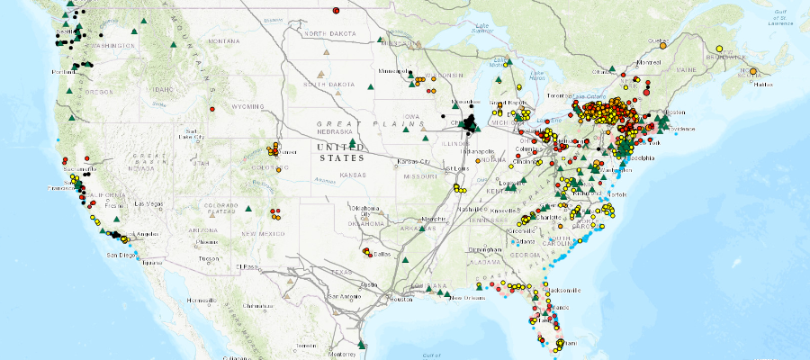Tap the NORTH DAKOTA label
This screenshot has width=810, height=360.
tap(328, 33)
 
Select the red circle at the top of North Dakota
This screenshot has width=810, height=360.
tap(336, 10)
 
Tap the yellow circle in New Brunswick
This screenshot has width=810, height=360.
tap(719, 49)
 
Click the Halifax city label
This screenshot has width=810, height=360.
tap(763, 84)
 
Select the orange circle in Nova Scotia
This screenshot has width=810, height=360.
tap(752, 72)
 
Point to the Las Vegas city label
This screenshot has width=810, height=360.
tap(145, 203)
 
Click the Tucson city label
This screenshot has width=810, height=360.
tap(210, 258)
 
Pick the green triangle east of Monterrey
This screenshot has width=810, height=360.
tap(361, 344)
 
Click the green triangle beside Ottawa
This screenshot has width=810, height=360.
tap(611, 69)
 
